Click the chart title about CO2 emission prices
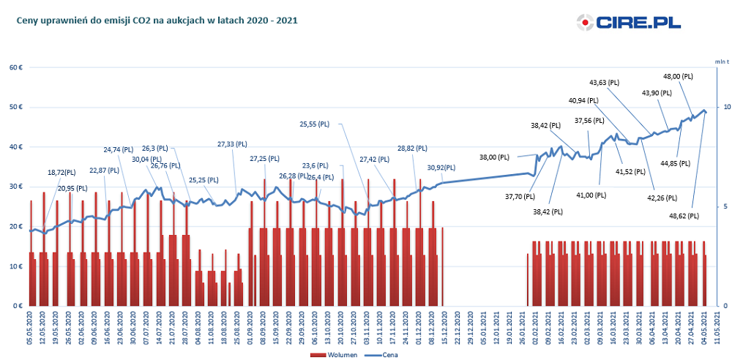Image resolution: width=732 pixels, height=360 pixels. click(x=157, y=20)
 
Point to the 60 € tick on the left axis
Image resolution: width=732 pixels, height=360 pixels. click(x=15, y=68)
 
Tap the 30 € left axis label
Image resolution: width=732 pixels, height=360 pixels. click(x=15, y=187)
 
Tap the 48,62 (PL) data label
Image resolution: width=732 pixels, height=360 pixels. click(x=684, y=217)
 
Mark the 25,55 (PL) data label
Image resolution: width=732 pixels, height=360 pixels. click(x=315, y=124)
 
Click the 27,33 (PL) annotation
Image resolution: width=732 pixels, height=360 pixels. click(x=233, y=144)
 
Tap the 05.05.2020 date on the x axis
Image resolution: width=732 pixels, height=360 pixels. click(x=29, y=326)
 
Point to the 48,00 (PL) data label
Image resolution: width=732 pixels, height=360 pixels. click(x=678, y=76)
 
